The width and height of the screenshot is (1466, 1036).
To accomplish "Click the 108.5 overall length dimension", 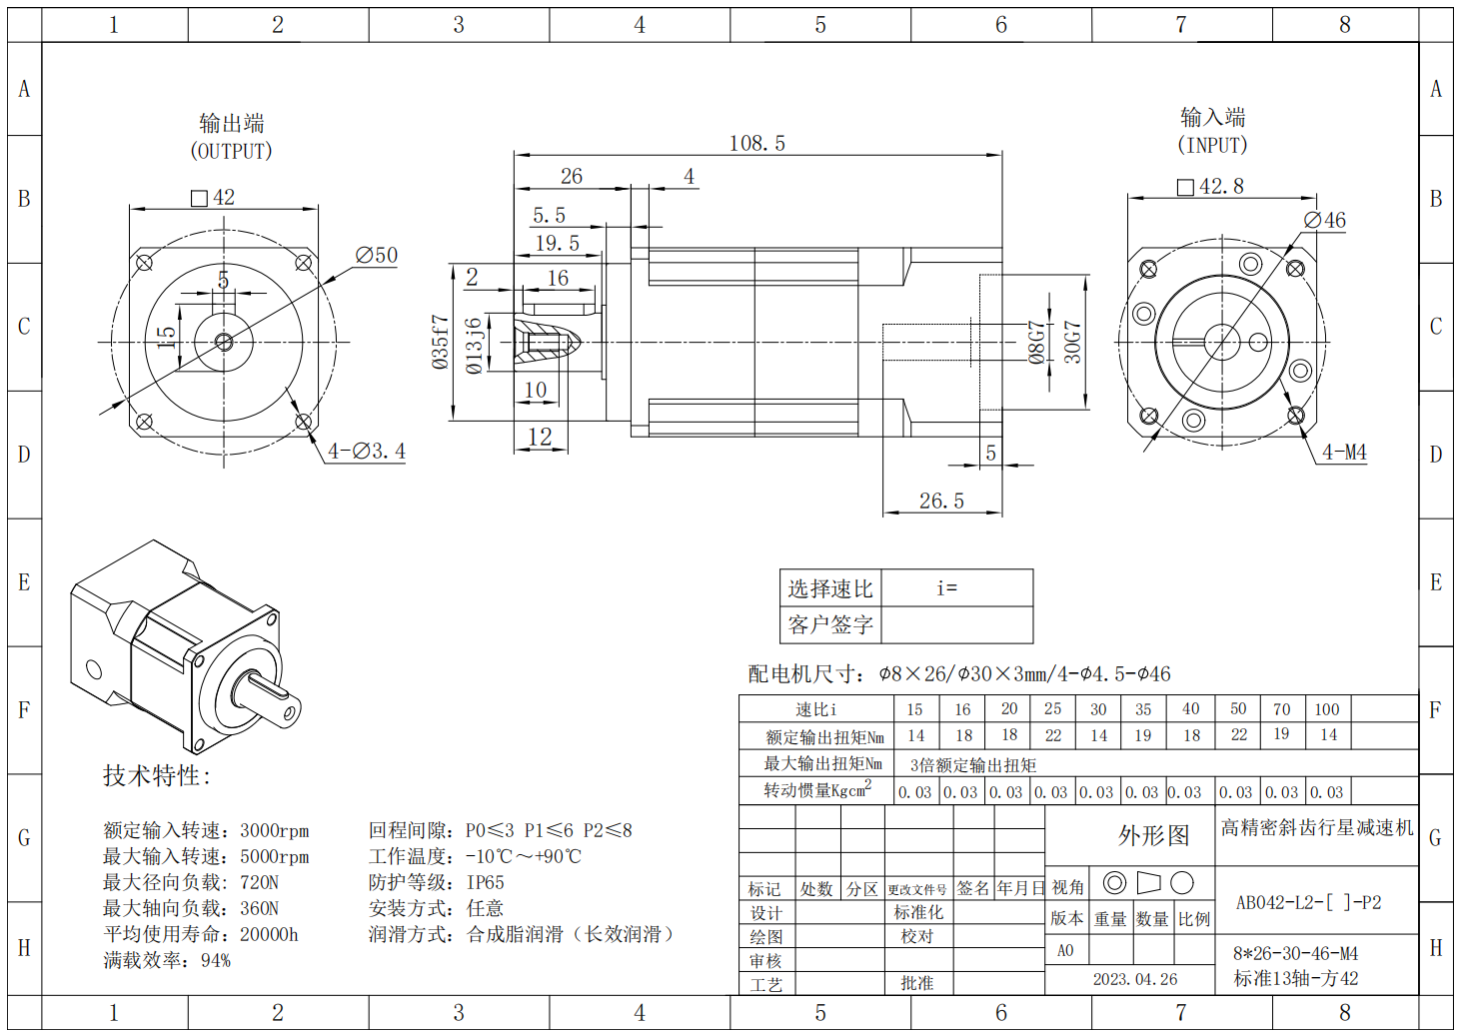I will pyautogui.click(x=756, y=144).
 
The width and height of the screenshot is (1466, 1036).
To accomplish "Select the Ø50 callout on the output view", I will pyautogui.click(x=377, y=256).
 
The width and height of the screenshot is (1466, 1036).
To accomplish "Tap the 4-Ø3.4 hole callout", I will pyautogui.click(x=367, y=452).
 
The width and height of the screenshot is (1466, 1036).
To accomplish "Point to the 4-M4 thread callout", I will pyautogui.click(x=1344, y=453).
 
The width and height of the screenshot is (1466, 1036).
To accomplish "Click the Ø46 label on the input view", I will pyautogui.click(x=1325, y=221).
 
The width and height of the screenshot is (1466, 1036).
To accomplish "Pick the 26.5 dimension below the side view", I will pyautogui.click(x=941, y=502).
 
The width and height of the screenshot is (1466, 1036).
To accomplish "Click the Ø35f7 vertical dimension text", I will pyautogui.click(x=441, y=343).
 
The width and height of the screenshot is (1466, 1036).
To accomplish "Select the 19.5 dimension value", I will pyautogui.click(x=557, y=244).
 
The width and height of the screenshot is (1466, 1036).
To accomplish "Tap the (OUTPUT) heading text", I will pyautogui.click(x=231, y=152).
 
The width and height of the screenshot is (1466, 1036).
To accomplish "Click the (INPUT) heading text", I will pyautogui.click(x=1212, y=146).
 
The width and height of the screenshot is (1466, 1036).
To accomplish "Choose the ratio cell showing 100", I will pyautogui.click(x=1326, y=709).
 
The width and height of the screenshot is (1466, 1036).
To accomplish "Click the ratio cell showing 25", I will pyautogui.click(x=1052, y=708).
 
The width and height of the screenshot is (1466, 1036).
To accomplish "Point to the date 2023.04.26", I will pyautogui.click(x=1134, y=979).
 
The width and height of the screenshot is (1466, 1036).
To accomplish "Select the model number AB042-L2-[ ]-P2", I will pyautogui.click(x=1308, y=903).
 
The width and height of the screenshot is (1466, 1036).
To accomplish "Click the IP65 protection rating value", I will pyautogui.click(x=486, y=883).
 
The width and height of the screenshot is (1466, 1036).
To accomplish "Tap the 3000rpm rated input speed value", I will pyautogui.click(x=275, y=831).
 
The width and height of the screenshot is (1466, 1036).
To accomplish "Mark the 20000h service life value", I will pyautogui.click(x=269, y=935).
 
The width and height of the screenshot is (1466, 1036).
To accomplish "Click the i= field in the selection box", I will pyautogui.click(x=946, y=588).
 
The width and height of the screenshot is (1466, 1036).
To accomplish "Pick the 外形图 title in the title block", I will pyautogui.click(x=1153, y=836).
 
